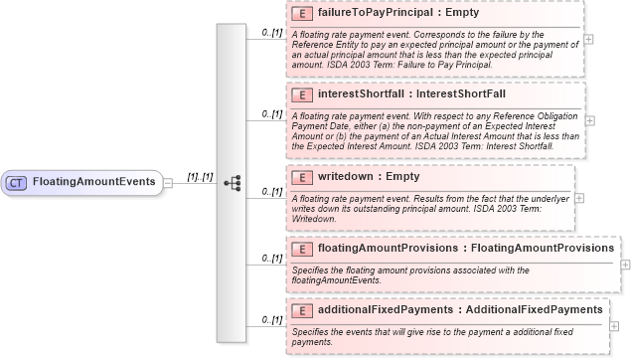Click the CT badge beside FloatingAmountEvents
point(17,182)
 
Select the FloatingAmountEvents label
point(93,182)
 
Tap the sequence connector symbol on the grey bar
point(233,183)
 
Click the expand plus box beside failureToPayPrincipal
point(590,39)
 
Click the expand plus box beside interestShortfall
point(590,119)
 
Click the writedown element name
point(347,177)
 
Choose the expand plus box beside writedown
point(580,197)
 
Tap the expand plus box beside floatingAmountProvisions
point(625,264)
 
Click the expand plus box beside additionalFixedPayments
point(615,326)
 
